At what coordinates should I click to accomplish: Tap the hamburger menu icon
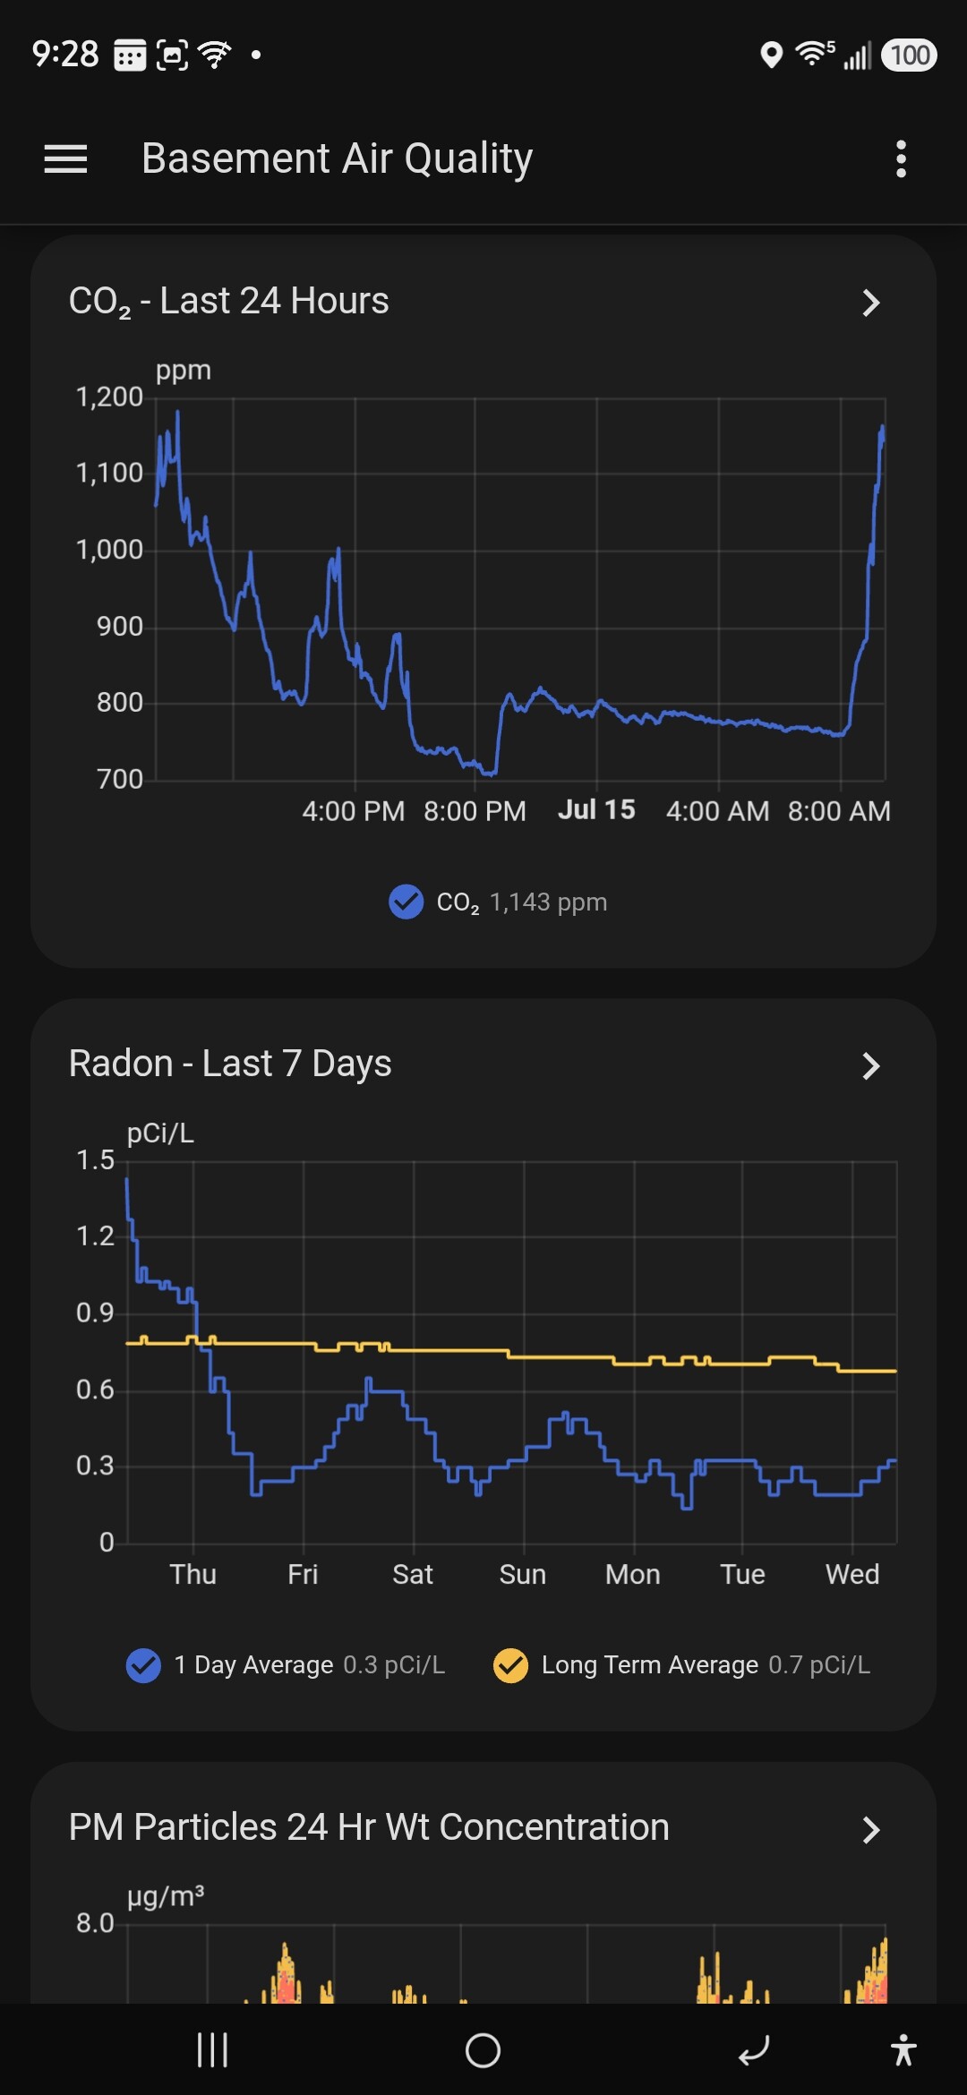[65, 159]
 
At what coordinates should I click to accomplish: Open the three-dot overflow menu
[901, 159]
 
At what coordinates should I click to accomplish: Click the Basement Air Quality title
[337, 159]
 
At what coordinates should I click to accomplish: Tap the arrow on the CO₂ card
[871, 303]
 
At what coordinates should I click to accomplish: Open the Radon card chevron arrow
[871, 1065]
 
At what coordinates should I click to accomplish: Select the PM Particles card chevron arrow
[871, 1829]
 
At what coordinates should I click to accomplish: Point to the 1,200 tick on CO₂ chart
[109, 397]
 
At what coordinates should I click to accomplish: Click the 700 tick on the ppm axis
[120, 779]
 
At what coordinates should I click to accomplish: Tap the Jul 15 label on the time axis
[596, 809]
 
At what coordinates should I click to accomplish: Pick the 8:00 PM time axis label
[475, 811]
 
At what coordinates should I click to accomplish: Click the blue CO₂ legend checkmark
[406, 902]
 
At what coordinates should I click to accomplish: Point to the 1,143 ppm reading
[548, 902]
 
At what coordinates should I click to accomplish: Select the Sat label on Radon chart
[413, 1574]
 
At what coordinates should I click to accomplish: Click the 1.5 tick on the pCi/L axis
[95, 1160]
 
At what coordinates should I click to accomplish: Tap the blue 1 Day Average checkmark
[143, 1665]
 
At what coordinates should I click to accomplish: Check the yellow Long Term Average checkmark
[510, 1665]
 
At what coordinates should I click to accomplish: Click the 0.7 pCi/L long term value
[819, 1665]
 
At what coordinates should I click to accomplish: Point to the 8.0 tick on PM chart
[95, 1923]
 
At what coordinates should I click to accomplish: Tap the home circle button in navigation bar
[483, 2050]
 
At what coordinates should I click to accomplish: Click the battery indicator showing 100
[910, 55]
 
